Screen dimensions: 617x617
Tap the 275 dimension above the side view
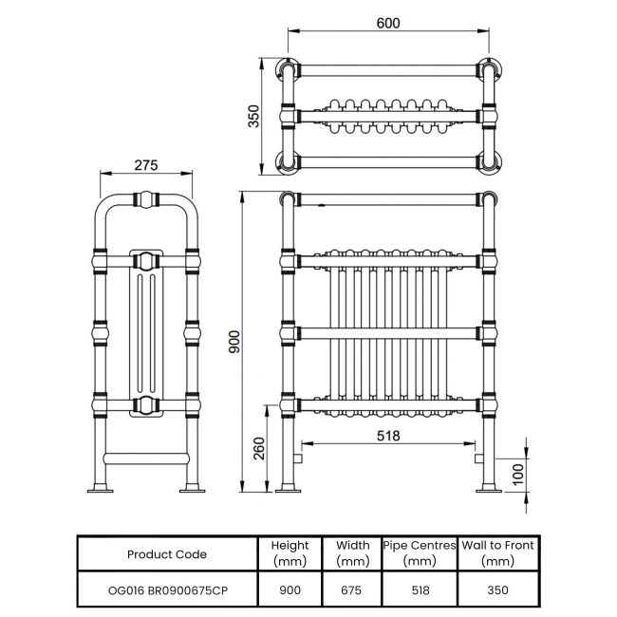(x=145, y=165)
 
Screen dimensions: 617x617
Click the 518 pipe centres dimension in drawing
(x=387, y=437)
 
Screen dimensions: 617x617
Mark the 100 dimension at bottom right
(x=518, y=474)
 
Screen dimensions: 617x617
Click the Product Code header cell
(x=166, y=553)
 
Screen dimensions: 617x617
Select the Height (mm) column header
(x=290, y=553)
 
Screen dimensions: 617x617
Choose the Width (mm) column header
(x=352, y=553)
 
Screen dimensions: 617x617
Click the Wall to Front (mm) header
(x=498, y=553)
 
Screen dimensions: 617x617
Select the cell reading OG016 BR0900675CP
(x=166, y=589)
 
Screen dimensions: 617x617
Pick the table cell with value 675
(x=352, y=589)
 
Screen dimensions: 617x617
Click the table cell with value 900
(x=290, y=589)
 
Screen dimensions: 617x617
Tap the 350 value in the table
(x=498, y=589)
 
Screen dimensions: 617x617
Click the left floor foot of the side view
(x=101, y=490)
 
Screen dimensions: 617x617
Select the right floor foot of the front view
(x=489, y=490)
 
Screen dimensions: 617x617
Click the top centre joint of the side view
(x=146, y=200)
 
